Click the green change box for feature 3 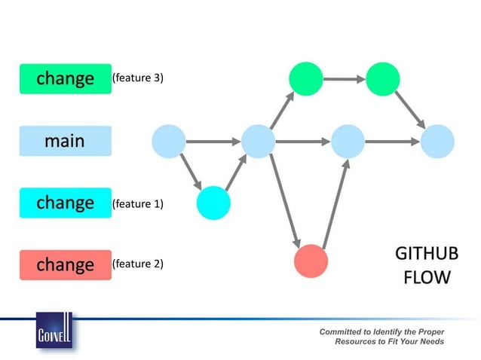(65, 78)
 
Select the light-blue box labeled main (65, 141)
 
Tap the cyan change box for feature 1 (65, 203)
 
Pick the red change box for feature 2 (65, 265)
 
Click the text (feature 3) (137, 78)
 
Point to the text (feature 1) (137, 203)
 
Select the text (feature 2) (137, 265)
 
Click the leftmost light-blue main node (169, 141)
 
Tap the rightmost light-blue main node (437, 141)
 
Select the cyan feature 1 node (213, 203)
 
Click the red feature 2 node (311, 261)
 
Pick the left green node (306, 79)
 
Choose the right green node (382, 79)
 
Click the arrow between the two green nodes (344, 79)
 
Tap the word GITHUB (426, 254)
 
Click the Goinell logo (54, 331)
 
